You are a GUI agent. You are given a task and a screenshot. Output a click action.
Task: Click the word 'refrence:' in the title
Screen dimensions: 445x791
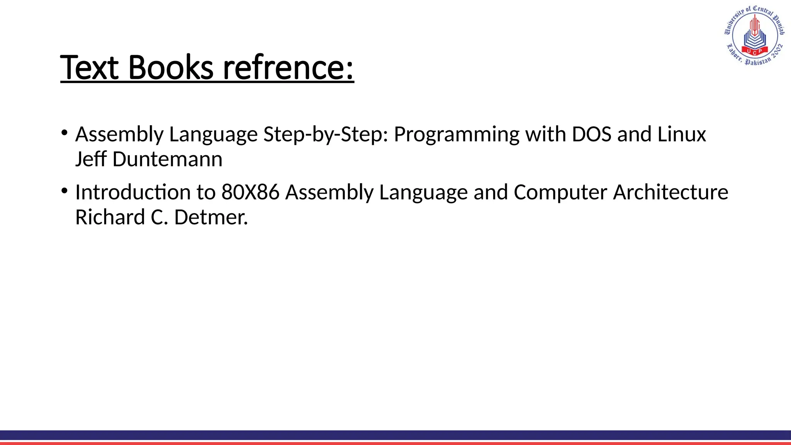coord(289,68)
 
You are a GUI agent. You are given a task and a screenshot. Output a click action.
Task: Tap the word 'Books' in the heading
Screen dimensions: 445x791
coord(170,68)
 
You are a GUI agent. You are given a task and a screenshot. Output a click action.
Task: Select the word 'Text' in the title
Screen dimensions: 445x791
coord(89,68)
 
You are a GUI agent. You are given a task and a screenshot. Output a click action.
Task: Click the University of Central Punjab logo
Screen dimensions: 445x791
coord(754,36)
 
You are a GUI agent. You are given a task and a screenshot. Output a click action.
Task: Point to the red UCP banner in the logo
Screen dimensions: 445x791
coord(754,51)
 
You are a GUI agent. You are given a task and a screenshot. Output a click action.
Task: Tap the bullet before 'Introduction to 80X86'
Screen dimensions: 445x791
coord(64,191)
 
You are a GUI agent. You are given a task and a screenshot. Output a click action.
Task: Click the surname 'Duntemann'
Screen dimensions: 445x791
coord(167,159)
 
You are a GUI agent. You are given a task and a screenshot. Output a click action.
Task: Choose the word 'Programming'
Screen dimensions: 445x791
coord(457,135)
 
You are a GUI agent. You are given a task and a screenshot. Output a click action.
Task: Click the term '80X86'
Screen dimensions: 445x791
coord(250,192)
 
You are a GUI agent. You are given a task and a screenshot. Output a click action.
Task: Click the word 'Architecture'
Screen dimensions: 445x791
coord(670,192)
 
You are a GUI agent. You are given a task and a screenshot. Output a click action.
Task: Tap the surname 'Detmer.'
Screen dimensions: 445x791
coord(211,217)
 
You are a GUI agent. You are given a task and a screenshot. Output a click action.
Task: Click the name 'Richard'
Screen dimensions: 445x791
coord(110,217)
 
